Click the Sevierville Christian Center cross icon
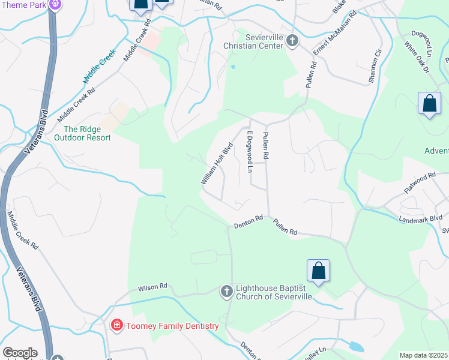tap(292, 41)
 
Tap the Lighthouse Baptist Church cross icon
tap(226, 292)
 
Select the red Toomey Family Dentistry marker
tap(117, 326)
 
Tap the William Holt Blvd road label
tap(216, 163)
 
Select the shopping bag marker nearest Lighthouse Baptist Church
tap(318, 271)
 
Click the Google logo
tap(19, 353)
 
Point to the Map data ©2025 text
tap(423, 355)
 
